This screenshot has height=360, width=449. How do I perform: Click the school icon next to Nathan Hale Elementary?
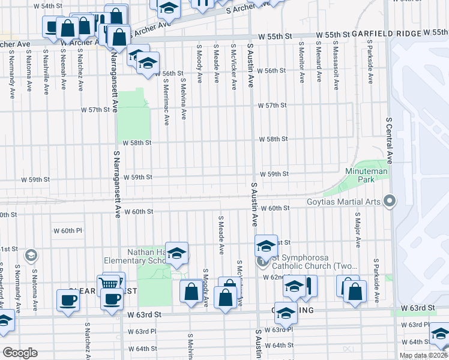(x=176, y=253)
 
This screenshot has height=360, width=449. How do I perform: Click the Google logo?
(x=20, y=352)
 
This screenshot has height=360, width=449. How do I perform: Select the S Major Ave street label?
(x=358, y=230)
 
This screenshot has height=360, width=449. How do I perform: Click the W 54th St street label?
(x=48, y=5)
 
